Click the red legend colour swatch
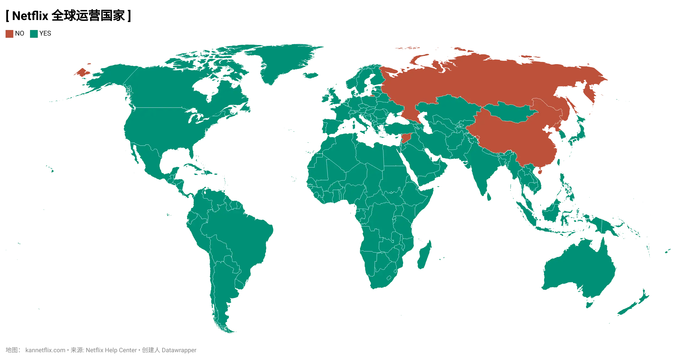9,34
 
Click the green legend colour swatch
33,34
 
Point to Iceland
310,75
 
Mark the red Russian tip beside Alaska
81,73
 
